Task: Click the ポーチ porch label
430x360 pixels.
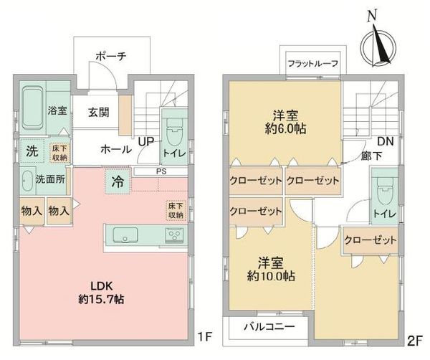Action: (111, 57)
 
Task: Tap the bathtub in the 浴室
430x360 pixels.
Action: (33, 108)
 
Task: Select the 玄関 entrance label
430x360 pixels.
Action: (99, 112)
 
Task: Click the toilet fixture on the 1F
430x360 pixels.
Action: (174, 133)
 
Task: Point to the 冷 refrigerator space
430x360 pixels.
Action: (118, 181)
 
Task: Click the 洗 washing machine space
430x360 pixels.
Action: (32, 151)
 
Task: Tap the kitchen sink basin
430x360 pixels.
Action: (125, 235)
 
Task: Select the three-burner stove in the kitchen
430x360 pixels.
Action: (174, 235)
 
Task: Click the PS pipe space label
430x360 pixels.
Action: (161, 171)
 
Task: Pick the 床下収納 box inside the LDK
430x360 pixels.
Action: (176, 210)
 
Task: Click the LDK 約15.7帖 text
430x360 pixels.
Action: (102, 293)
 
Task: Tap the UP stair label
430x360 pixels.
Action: (145, 141)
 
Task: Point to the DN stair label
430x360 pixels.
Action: (386, 141)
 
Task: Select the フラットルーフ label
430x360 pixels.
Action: (312, 64)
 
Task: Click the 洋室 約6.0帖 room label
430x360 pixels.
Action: (285, 122)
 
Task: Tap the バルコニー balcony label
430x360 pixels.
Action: (269, 326)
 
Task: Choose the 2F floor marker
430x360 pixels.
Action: (414, 341)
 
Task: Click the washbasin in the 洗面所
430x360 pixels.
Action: (27, 180)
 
